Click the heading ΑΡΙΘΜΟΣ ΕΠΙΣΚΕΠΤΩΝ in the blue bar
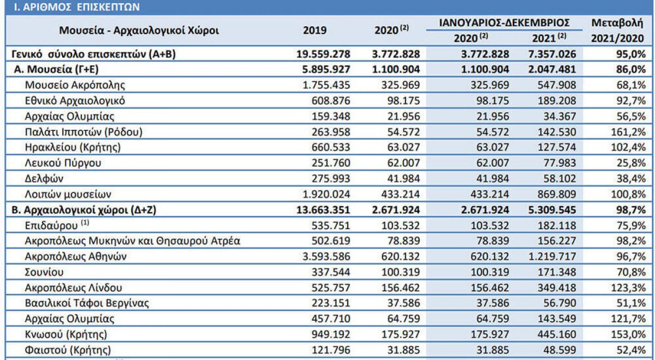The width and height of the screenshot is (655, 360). [81, 7]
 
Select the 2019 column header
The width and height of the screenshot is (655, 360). [314, 31]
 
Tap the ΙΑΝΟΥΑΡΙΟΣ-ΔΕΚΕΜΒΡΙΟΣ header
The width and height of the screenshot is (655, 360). [504, 23]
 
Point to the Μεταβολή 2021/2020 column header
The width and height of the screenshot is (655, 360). [617, 31]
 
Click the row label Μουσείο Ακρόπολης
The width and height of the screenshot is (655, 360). [75, 85]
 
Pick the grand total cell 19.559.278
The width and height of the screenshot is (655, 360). [323, 54]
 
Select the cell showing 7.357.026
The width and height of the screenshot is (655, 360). [552, 54]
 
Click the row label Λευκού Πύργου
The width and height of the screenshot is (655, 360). [63, 163]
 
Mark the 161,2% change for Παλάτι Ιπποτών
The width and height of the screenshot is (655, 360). [628, 132]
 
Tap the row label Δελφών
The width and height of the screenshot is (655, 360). [44, 178]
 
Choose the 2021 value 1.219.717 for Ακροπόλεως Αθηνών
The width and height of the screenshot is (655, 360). [552, 256]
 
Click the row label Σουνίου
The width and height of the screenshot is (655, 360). [44, 272]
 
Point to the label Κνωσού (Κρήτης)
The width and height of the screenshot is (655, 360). [66, 334]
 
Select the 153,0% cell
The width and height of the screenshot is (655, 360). [628, 334]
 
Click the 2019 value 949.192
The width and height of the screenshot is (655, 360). [331, 334]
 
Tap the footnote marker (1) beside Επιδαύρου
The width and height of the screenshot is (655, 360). [85, 223]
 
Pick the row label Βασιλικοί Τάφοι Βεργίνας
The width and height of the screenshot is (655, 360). [87, 303]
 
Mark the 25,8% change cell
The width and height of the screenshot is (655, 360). [631, 163]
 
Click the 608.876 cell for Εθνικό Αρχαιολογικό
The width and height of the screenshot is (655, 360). [331, 101]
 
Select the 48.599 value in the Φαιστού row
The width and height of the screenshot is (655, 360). [559, 350]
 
